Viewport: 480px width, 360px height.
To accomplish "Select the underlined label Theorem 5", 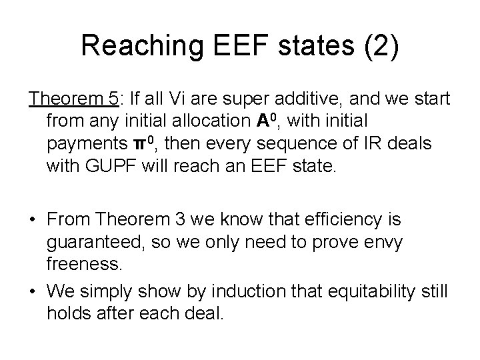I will point(71,99).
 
